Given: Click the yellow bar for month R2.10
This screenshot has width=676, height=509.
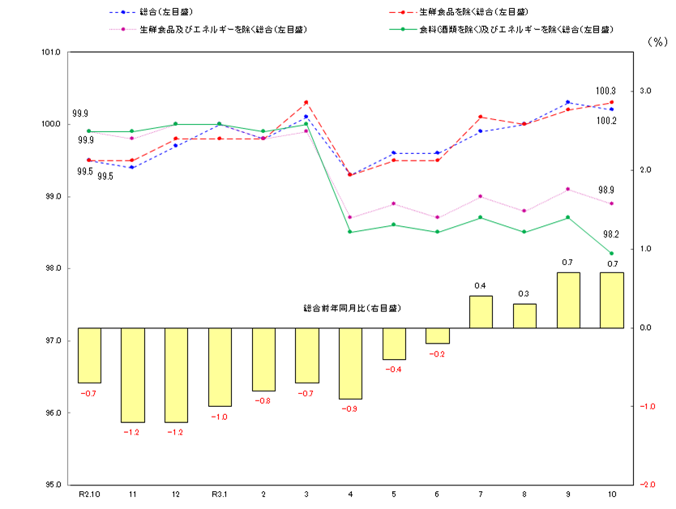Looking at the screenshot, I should (89, 355).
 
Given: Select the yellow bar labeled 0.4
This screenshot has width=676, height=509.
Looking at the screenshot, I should (481, 312).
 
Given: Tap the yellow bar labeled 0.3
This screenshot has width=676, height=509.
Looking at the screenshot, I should (524, 316).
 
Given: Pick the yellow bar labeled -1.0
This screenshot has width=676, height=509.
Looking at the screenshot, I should (220, 366).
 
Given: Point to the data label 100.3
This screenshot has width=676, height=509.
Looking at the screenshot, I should (605, 91).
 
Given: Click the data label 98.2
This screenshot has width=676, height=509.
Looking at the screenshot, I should (610, 234).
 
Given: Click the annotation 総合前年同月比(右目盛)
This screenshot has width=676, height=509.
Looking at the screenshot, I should (352, 309).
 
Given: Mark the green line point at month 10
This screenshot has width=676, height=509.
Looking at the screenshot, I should (611, 253).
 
